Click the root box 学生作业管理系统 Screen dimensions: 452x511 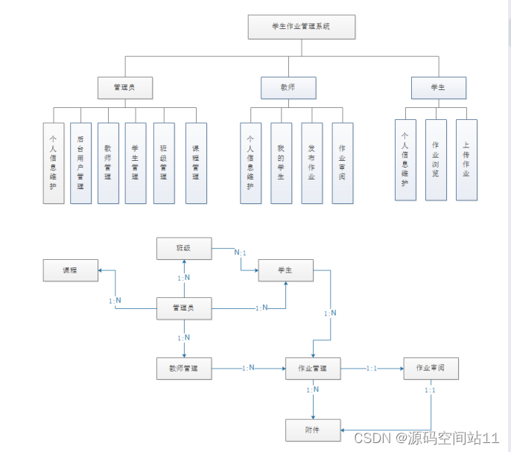click(x=302, y=27)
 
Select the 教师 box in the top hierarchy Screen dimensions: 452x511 click(x=288, y=88)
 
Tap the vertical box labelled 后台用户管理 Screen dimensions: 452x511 click(x=80, y=163)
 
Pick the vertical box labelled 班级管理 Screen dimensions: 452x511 click(x=164, y=163)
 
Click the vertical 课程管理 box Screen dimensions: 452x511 click(x=196, y=163)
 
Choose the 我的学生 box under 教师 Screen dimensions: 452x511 click(x=281, y=163)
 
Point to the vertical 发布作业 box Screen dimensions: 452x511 click(x=311, y=163)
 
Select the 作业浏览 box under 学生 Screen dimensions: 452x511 click(x=436, y=159)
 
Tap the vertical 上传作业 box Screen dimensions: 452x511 click(x=466, y=159)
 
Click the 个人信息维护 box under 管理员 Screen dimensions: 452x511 click(x=53, y=163)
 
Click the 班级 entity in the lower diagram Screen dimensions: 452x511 click(x=184, y=248)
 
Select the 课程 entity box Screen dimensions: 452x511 click(x=70, y=270)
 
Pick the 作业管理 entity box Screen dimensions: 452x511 click(x=313, y=368)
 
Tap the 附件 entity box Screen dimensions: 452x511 click(x=313, y=430)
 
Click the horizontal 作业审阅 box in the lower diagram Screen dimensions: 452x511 click(x=431, y=368)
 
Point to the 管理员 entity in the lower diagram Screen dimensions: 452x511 click(x=184, y=308)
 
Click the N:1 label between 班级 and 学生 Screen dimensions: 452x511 click(x=240, y=252)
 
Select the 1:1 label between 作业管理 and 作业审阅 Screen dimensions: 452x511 click(x=372, y=368)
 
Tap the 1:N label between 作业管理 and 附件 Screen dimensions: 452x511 click(x=313, y=389)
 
